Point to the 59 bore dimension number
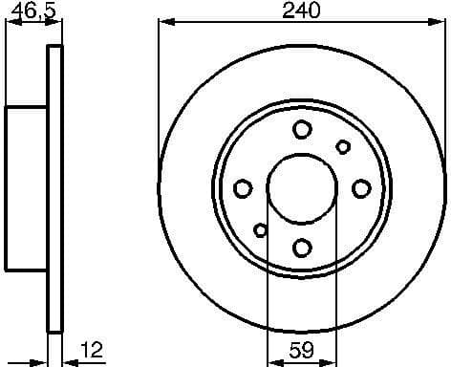click(x=301, y=349)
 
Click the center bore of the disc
click(x=301, y=188)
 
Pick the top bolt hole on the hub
click(x=301, y=129)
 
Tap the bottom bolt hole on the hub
click(x=301, y=248)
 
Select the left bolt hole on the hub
click(x=242, y=188)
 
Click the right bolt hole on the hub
click(x=361, y=188)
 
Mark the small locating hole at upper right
click(x=343, y=146)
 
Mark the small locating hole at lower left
click(x=260, y=229)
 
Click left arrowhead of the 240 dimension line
click(x=163, y=22)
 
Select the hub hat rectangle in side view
click(x=27, y=188)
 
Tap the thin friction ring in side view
click(x=54, y=188)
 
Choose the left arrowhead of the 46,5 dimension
click(x=11, y=22)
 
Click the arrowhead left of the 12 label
click(x=67, y=360)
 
